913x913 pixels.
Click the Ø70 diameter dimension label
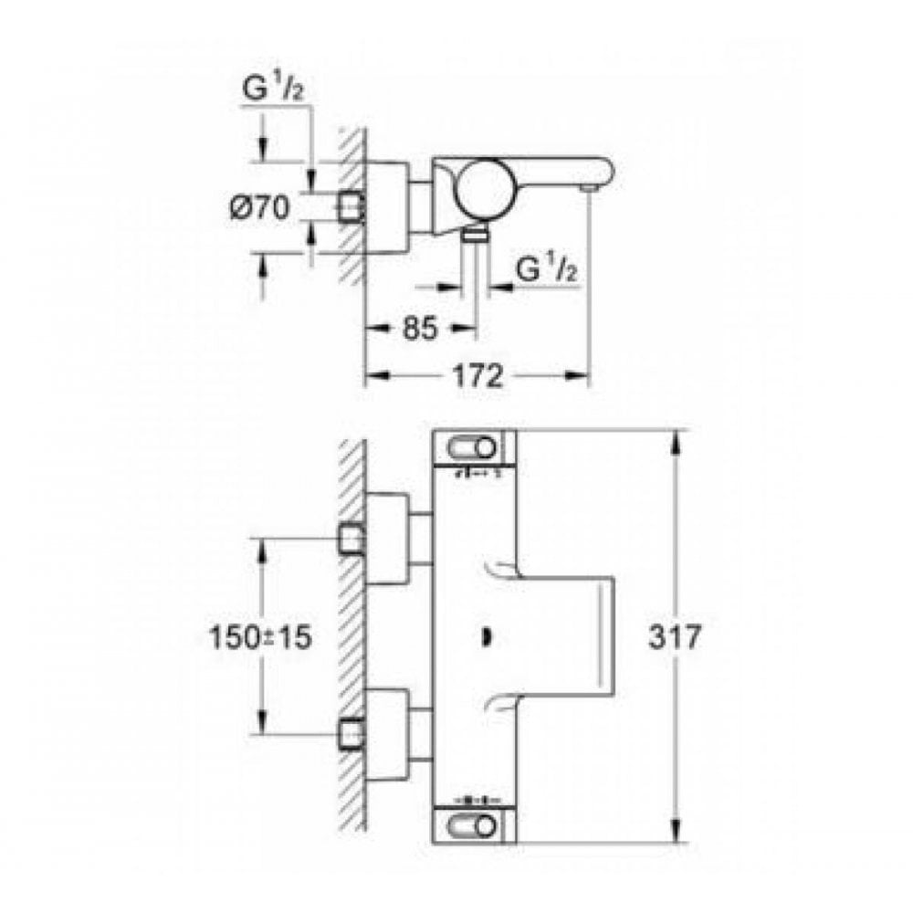click(x=258, y=209)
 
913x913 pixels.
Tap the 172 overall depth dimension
click(x=476, y=376)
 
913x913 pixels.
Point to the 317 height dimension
click(x=677, y=636)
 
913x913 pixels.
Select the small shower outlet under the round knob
click(x=474, y=236)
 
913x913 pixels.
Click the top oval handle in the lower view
click(x=472, y=447)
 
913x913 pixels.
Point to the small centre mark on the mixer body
click(x=484, y=635)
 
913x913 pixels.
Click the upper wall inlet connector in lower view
click(x=351, y=539)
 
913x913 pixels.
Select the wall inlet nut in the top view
click(x=351, y=209)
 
